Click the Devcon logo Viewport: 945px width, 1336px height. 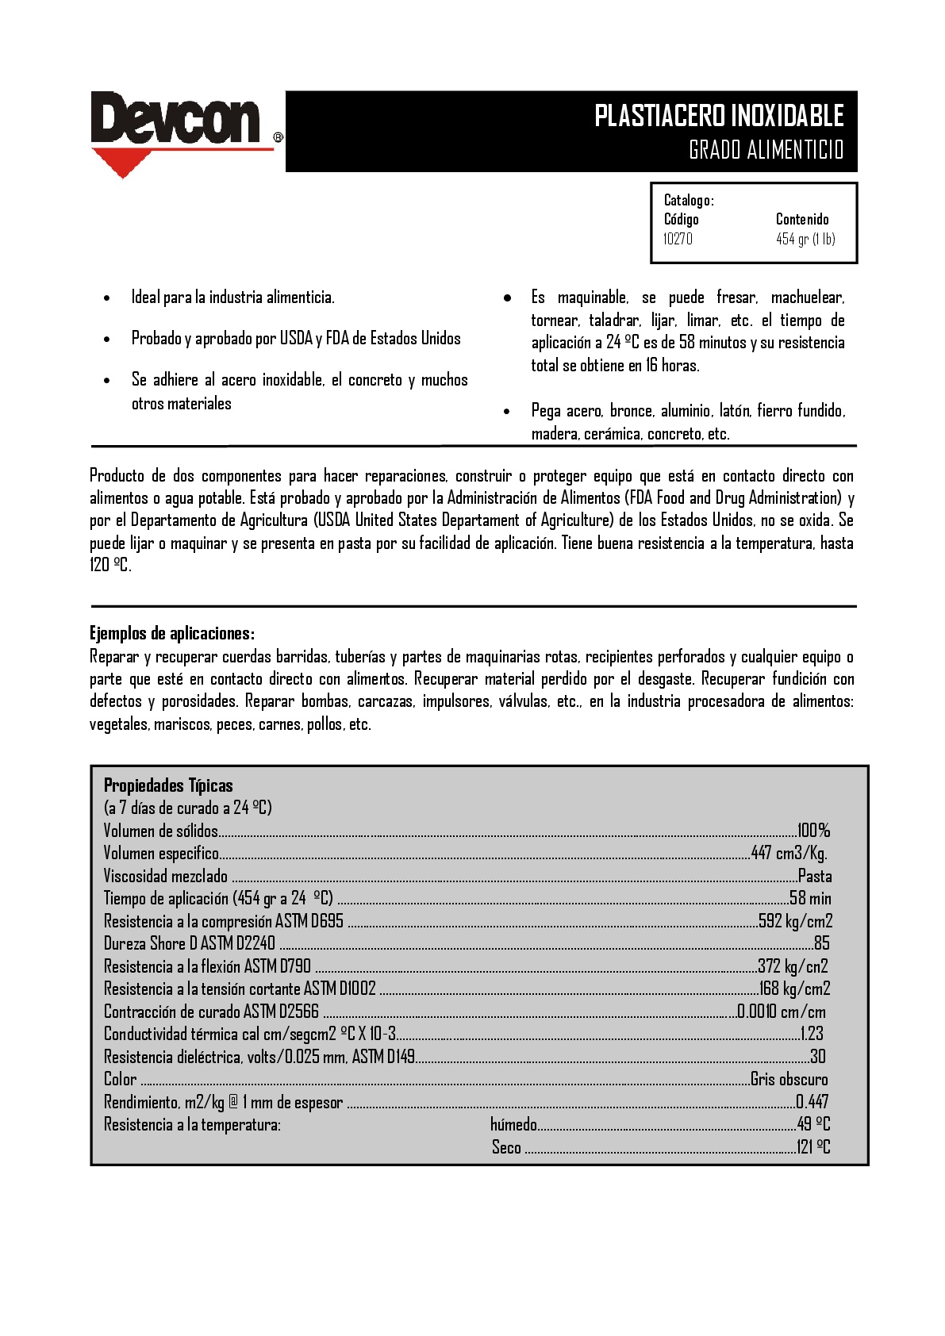click(176, 121)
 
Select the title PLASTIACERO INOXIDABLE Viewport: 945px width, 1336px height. click(719, 116)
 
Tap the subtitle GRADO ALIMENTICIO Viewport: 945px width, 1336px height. click(766, 149)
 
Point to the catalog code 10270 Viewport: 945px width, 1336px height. click(678, 239)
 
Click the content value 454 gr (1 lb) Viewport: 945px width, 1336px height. click(805, 239)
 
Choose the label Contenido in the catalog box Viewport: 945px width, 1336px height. click(802, 219)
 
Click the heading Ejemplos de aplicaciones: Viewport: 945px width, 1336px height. click(171, 633)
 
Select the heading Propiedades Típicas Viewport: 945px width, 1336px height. click(168, 785)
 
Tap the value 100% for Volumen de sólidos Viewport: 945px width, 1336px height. click(813, 831)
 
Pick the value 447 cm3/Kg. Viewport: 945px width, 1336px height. click(789, 853)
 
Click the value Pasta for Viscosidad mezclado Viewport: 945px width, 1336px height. click(815, 876)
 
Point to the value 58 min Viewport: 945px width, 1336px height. click(810, 898)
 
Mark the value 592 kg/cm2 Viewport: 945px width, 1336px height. click(795, 921)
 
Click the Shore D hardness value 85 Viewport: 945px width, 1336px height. click(821, 943)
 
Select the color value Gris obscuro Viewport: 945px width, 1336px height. click(789, 1079)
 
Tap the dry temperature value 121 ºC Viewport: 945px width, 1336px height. click(813, 1146)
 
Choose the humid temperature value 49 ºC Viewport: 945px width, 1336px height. click(813, 1124)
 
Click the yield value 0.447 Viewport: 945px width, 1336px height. click(812, 1102)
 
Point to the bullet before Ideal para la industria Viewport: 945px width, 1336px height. click(107, 298)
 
